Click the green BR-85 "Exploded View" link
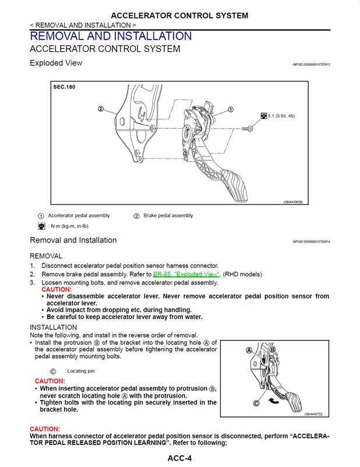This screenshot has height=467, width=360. [186, 274]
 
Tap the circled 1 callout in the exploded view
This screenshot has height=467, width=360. [231, 109]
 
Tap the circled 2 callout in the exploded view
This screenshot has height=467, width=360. [101, 109]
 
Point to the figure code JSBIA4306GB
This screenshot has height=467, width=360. [292, 202]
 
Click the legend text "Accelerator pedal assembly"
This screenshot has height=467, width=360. [79, 216]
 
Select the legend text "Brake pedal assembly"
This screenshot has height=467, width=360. [168, 216]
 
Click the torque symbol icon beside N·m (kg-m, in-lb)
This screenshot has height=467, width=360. [41, 226]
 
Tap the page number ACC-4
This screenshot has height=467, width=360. [179, 458]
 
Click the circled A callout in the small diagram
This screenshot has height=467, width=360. [248, 350]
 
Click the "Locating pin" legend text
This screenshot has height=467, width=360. [81, 371]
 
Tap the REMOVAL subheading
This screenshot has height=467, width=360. [46, 256]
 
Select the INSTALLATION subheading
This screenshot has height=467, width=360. [53, 327]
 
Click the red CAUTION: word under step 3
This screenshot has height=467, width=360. [57, 289]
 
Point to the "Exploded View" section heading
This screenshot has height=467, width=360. [56, 63]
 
